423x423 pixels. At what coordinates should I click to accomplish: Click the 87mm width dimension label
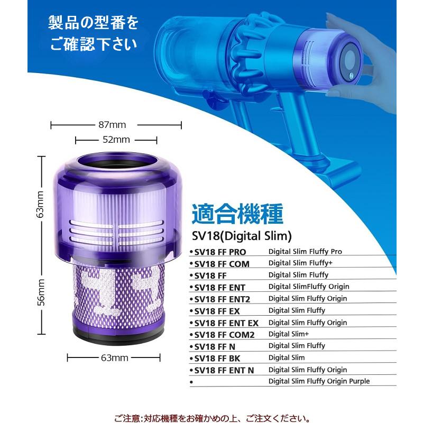click(x=112, y=125)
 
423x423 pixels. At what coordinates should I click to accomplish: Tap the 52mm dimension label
click(x=116, y=140)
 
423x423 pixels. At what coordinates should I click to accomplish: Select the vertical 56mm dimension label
click(x=41, y=292)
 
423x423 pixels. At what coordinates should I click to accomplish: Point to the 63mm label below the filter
click(x=114, y=358)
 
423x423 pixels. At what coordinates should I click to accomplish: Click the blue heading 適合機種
click(x=237, y=214)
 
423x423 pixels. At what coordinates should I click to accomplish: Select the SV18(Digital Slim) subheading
click(x=242, y=236)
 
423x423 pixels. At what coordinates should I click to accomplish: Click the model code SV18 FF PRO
click(x=220, y=252)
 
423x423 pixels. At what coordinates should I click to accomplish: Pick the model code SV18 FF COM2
click(x=224, y=335)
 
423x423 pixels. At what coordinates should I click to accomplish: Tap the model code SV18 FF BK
click(x=217, y=358)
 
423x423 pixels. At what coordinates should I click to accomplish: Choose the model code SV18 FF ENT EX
click(x=226, y=323)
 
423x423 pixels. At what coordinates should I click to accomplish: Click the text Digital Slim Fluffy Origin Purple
click(x=319, y=381)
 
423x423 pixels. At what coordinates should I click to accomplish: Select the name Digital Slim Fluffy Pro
click(x=305, y=252)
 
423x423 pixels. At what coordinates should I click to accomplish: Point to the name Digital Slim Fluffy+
click(x=300, y=263)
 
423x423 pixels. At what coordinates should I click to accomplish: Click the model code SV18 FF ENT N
click(x=224, y=371)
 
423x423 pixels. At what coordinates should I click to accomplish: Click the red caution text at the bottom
click(x=212, y=418)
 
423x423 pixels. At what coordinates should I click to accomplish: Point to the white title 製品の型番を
click(x=93, y=23)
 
